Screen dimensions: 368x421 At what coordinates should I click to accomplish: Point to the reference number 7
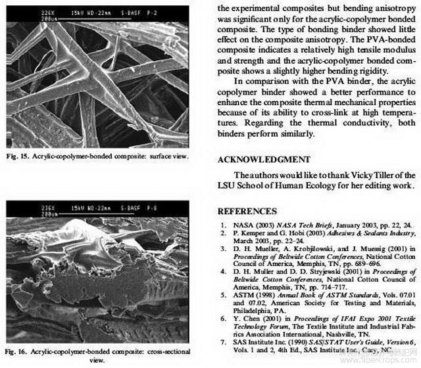[224, 342]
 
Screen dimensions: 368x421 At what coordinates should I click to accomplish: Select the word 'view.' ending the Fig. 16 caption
[97, 360]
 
